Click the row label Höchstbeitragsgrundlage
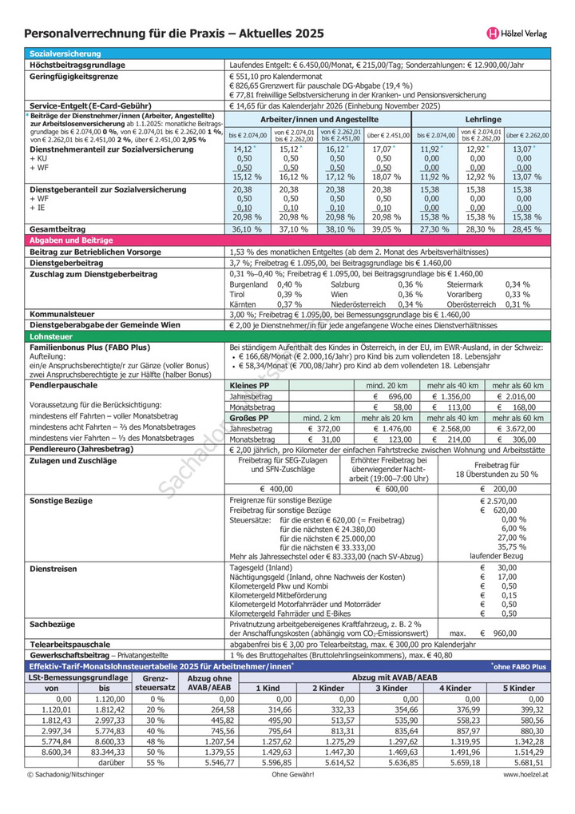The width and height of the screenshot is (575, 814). coord(77,64)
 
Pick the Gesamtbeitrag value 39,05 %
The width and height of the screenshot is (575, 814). coord(383,229)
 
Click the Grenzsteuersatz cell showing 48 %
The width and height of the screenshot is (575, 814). coord(155,741)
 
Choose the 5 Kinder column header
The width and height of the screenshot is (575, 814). coord(518,687)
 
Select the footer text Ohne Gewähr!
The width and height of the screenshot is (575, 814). coord(292,775)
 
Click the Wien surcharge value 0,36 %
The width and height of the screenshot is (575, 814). coord(410,293)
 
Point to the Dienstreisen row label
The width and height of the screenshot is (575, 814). coord(54,568)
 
